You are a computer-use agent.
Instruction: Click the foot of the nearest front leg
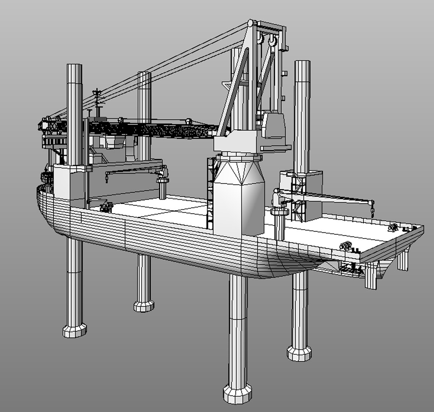tap(237, 393)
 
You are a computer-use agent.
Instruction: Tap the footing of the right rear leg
tap(299, 353)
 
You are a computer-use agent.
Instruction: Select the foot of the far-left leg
tap(74, 330)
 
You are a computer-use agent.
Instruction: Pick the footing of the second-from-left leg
tap(144, 305)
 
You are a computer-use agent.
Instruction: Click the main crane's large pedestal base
tap(239, 198)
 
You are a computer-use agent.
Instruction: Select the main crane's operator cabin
tap(274, 125)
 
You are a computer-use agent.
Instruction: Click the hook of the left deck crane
tap(106, 179)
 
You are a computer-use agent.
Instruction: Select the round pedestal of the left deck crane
tap(163, 190)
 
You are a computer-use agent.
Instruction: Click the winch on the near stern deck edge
tap(346, 246)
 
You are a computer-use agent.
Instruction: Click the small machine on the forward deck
tap(106, 208)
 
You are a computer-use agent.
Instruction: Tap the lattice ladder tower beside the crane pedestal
tap(210, 193)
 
